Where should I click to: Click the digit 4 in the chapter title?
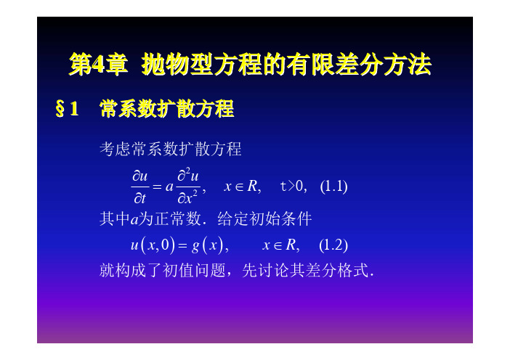(98, 65)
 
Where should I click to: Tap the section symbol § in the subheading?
(60, 109)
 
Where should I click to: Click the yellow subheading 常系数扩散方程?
(167, 109)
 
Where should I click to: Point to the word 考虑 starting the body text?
(115, 149)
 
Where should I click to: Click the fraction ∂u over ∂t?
(140, 187)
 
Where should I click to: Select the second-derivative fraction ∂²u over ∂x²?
(187, 186)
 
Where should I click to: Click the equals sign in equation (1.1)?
(157, 187)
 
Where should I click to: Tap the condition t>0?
(291, 187)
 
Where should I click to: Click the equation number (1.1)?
(333, 187)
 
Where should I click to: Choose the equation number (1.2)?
(333, 245)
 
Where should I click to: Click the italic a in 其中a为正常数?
(134, 220)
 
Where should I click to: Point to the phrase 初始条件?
(280, 218)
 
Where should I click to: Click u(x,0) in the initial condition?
(153, 245)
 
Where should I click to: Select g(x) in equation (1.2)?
(208, 245)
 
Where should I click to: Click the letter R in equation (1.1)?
(252, 186)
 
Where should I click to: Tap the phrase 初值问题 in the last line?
(194, 270)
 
